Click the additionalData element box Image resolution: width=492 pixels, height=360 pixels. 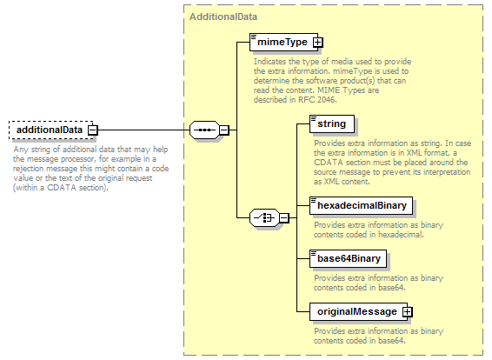click(51, 130)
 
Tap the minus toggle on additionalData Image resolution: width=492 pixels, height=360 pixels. click(92, 130)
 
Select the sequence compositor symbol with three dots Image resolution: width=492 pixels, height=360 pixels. click(204, 130)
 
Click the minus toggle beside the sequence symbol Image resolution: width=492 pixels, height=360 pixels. click(224, 130)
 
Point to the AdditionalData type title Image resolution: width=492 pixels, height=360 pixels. click(223, 17)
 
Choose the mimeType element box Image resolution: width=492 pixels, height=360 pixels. click(284, 42)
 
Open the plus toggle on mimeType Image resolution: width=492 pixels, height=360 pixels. click(318, 42)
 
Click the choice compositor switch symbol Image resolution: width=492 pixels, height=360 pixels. click(264, 217)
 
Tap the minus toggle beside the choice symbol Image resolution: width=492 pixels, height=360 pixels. click(284, 217)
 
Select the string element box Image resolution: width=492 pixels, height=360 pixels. click(332, 123)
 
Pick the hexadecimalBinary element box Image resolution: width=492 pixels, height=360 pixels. click(361, 205)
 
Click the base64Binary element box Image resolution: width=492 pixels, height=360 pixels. click(348, 258)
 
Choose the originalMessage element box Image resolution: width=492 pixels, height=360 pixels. click(359, 311)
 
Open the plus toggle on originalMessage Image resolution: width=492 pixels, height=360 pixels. click(408, 311)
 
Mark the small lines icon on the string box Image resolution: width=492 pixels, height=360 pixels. click(313, 118)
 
